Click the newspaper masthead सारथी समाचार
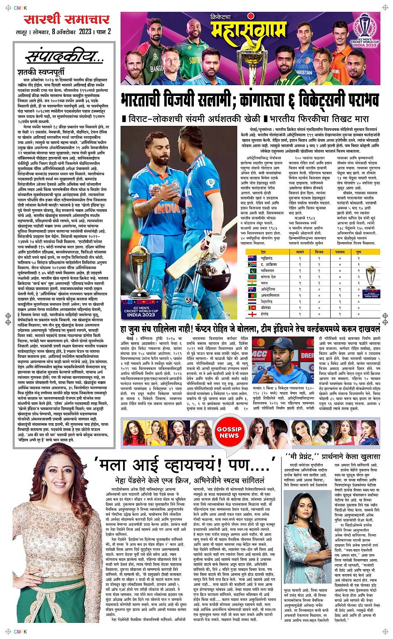pos(66,20)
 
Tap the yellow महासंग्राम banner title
pos(249,30)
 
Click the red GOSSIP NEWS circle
pos(229,432)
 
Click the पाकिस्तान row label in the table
pos(267,270)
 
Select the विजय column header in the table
pos(319,252)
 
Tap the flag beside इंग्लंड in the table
pos(251,315)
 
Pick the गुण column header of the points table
pos(358,252)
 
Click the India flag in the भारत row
pos(251,283)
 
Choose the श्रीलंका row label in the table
pos(267,308)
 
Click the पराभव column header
pos(340,252)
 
